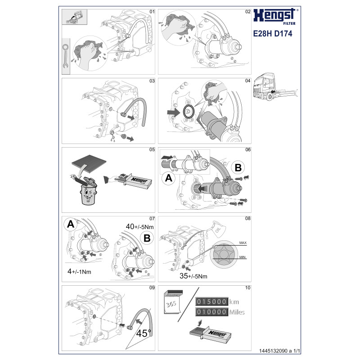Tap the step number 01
click(x=152, y=11)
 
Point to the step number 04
click(x=247, y=81)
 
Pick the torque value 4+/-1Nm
click(x=79, y=271)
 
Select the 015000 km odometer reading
click(x=218, y=301)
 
